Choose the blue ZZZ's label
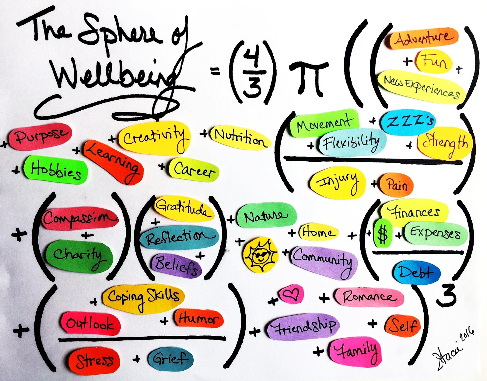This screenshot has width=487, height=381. (x=409, y=122)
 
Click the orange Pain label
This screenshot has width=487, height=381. (x=397, y=184)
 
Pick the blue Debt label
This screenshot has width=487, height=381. (x=416, y=273)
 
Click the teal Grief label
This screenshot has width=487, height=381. (x=170, y=359)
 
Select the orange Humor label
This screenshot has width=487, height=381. (x=198, y=318)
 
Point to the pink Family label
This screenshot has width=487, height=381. (x=356, y=351)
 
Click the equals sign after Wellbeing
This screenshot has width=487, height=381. (x=215, y=71)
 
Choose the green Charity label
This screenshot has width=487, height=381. (x=79, y=256)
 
